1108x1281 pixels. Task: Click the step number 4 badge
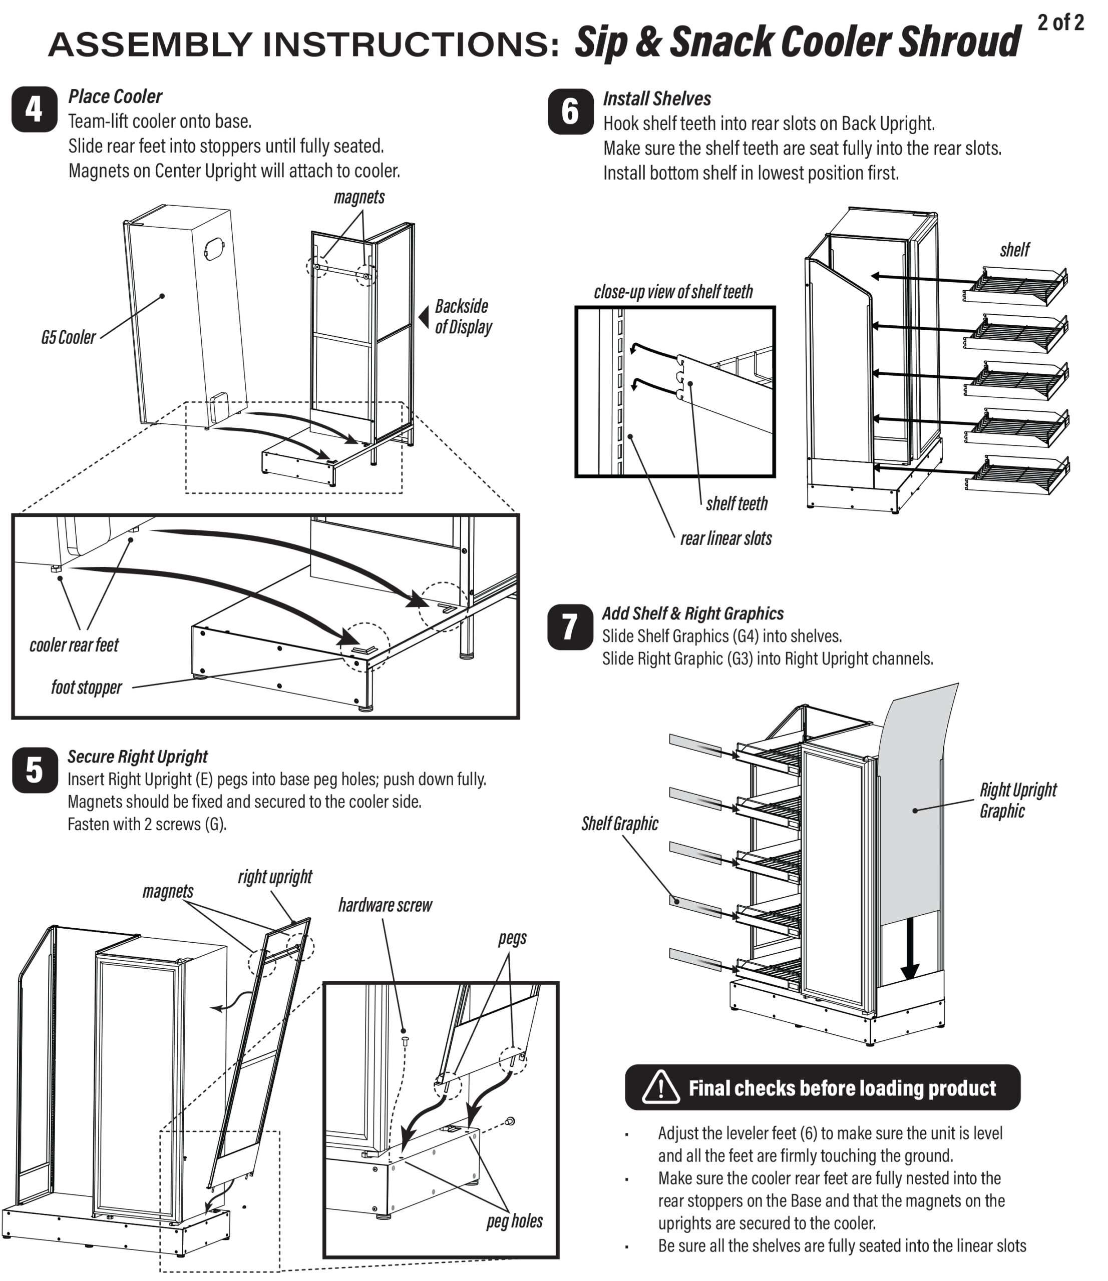(x=35, y=110)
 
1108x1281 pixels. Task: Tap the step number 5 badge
(x=35, y=770)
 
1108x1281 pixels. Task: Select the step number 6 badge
(x=570, y=112)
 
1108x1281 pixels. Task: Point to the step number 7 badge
(x=570, y=626)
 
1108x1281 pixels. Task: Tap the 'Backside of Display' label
(x=463, y=317)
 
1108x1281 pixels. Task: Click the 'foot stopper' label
(x=86, y=688)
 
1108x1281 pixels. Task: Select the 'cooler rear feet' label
(x=74, y=645)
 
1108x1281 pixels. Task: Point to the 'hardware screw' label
(x=385, y=905)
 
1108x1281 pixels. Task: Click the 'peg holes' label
(x=514, y=1221)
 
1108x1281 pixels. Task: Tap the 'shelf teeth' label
(x=736, y=504)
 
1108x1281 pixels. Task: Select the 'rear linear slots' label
(x=725, y=538)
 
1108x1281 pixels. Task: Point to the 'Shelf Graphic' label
(x=619, y=824)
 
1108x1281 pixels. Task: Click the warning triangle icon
(x=661, y=1087)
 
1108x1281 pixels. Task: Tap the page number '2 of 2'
(x=1060, y=23)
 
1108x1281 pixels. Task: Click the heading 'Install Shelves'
(x=656, y=99)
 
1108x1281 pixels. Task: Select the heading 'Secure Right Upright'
(x=137, y=757)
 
